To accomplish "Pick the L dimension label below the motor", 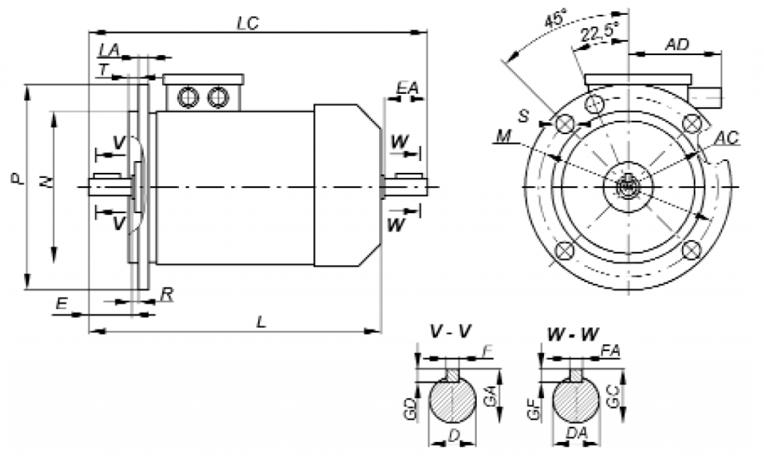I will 260,321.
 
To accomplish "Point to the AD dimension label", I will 676,45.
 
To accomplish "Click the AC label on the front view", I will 725,139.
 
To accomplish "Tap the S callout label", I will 524,117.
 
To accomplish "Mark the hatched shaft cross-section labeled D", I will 452,403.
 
